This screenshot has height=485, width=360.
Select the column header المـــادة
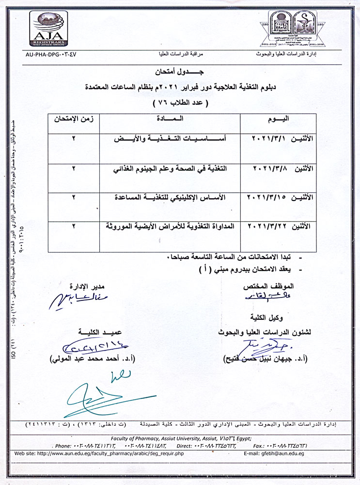point(170,120)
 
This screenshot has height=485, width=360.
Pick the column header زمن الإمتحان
point(74,120)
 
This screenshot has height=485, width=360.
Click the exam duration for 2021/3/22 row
point(74,226)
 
